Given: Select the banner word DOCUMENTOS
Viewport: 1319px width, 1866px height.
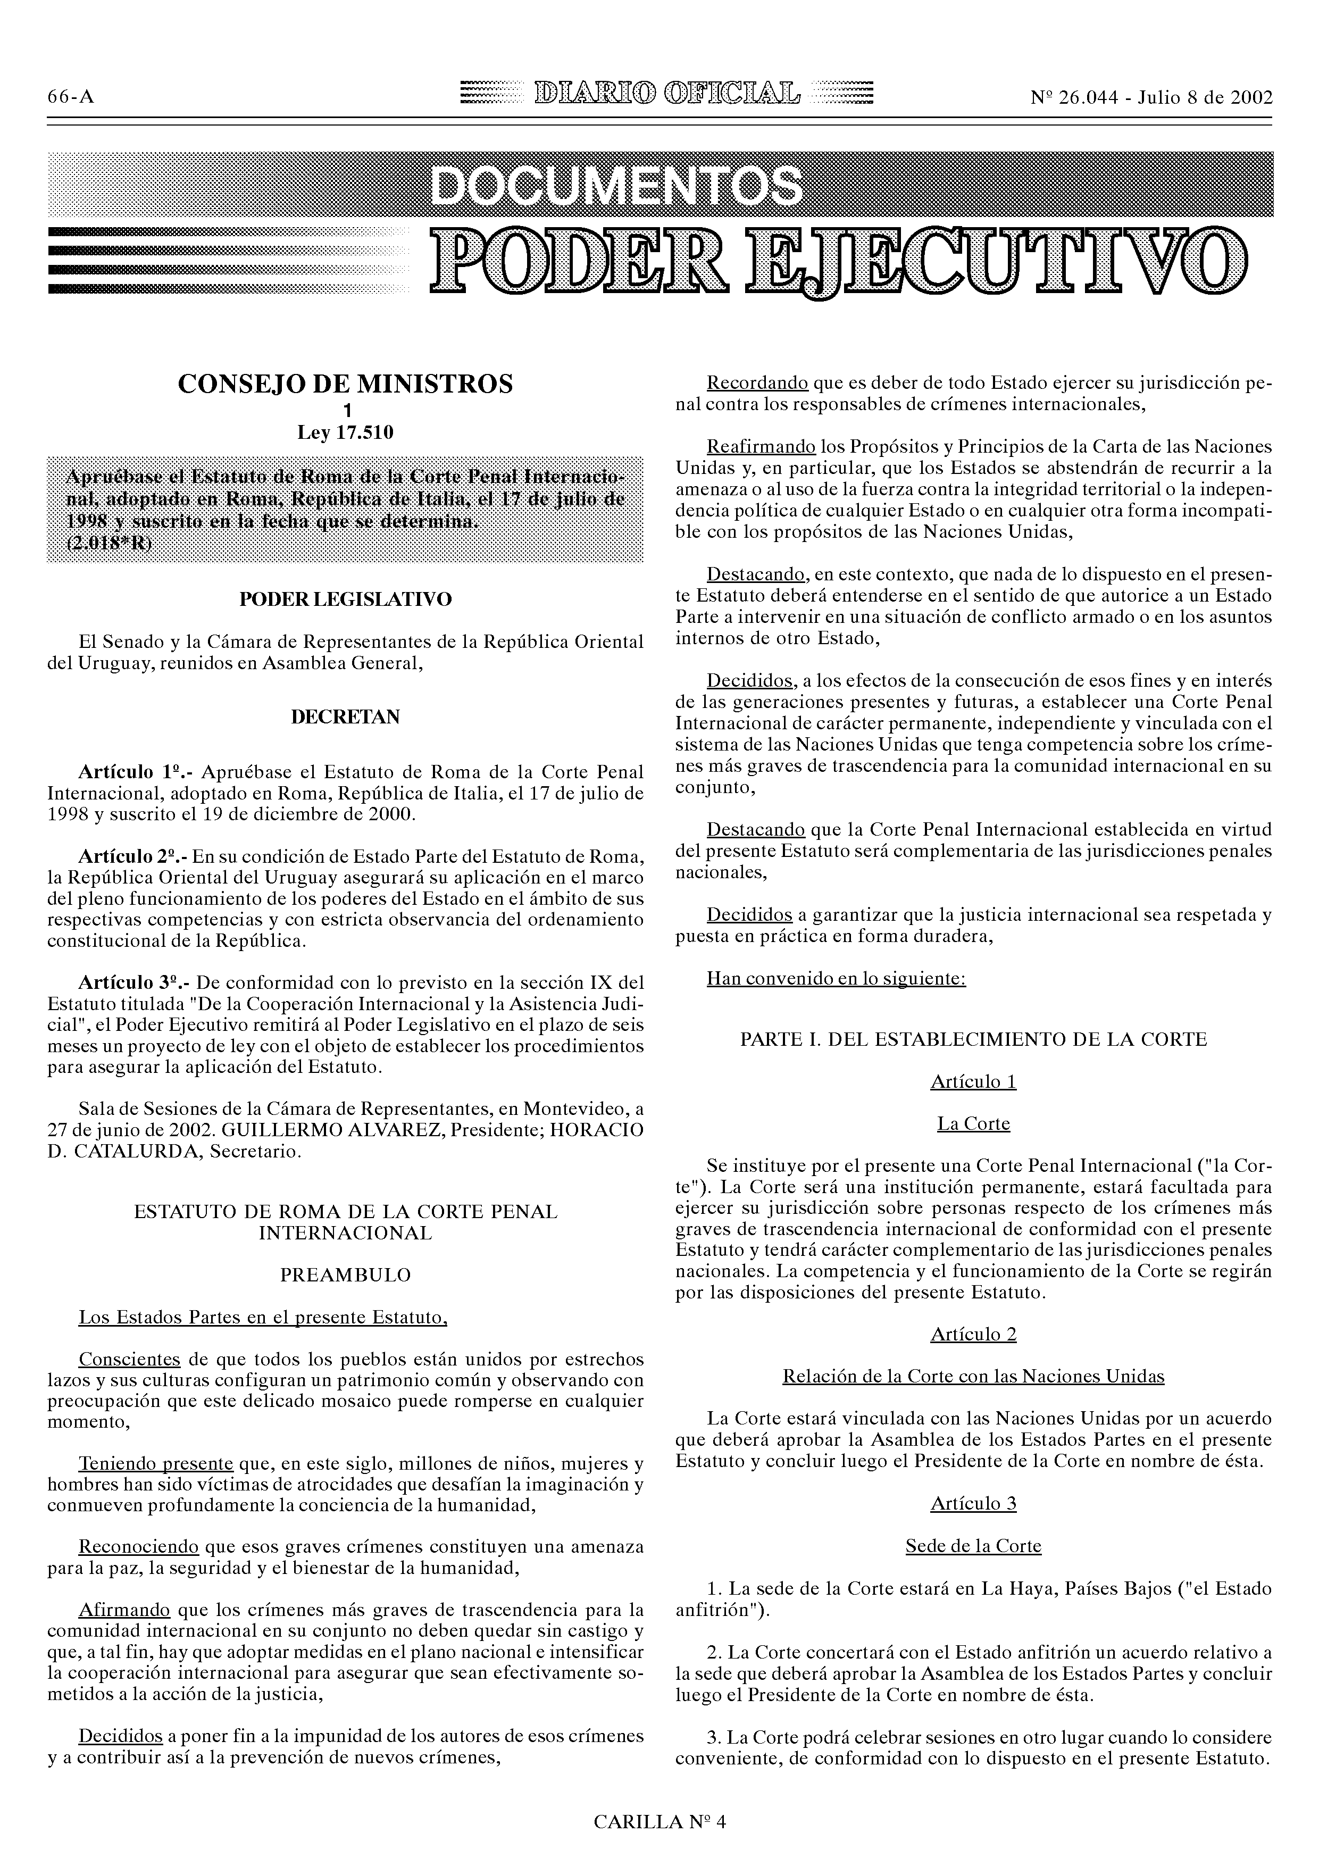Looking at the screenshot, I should coord(615,186).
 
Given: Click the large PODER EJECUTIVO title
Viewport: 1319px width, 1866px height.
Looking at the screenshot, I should coord(837,262).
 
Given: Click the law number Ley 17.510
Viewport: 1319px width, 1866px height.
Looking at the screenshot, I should coord(345,433).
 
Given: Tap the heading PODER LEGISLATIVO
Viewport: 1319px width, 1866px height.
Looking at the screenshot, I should coord(345,600).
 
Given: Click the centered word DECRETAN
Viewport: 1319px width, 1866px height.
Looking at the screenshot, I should coord(345,718).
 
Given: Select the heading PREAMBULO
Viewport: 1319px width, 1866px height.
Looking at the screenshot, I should coord(345,1275).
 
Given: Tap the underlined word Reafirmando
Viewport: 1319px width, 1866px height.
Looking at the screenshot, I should coord(761,447).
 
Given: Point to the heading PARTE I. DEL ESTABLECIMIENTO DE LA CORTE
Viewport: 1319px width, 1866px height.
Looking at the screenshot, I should coord(973,1039).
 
